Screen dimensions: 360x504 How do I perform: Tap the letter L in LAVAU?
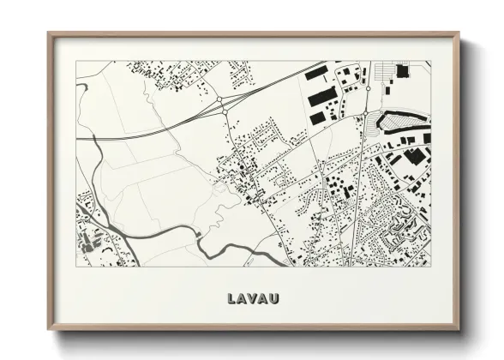(x=232, y=299)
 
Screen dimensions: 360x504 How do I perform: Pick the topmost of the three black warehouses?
(x=316, y=74)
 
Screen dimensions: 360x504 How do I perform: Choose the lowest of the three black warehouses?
(x=317, y=116)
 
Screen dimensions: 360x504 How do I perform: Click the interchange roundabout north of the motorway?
(x=221, y=101)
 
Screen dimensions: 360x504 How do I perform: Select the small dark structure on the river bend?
(x=199, y=233)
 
